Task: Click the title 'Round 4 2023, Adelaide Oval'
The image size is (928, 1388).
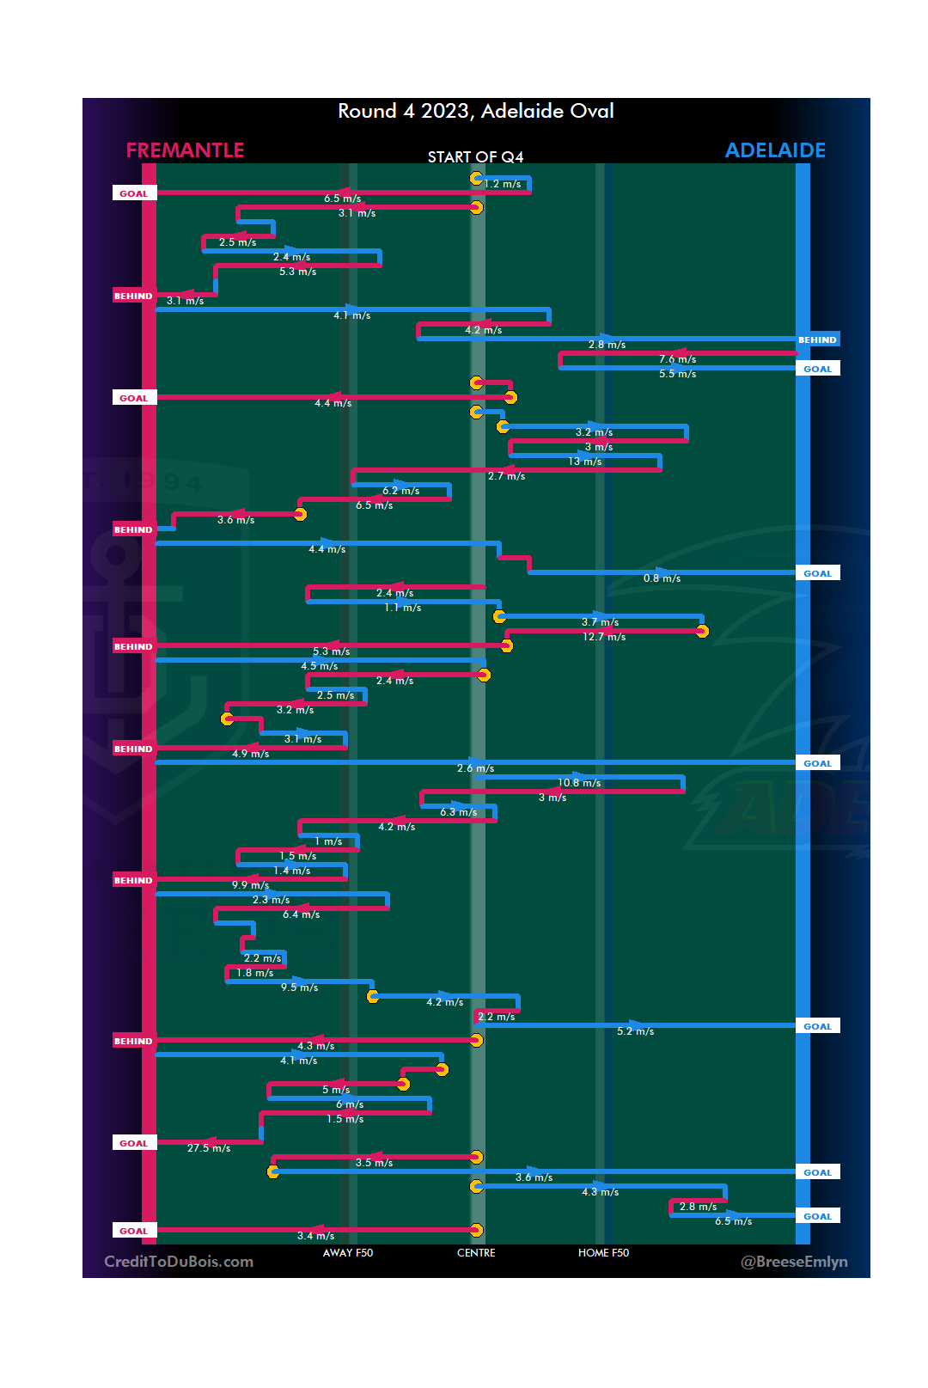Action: pyautogui.click(x=475, y=112)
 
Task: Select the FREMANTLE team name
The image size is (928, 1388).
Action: pyautogui.click(x=185, y=150)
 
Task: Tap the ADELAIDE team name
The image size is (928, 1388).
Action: pyautogui.click(x=775, y=150)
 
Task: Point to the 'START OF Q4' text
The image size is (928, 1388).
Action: pyautogui.click(x=475, y=157)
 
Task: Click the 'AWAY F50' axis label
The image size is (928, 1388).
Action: pyautogui.click(x=348, y=1253)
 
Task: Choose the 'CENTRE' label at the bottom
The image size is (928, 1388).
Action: pyautogui.click(x=476, y=1253)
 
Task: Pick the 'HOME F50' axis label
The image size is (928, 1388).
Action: pyautogui.click(x=603, y=1253)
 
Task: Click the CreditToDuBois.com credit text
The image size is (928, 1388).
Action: pyautogui.click(x=179, y=1262)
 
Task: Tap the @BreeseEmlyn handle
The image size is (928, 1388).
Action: pyautogui.click(x=794, y=1262)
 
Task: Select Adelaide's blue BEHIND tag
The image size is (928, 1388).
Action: pyautogui.click(x=817, y=340)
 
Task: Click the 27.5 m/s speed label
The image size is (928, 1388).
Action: pyautogui.click(x=209, y=1148)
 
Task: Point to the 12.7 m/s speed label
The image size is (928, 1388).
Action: pyautogui.click(x=604, y=637)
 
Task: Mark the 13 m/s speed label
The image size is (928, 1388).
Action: pyautogui.click(x=584, y=462)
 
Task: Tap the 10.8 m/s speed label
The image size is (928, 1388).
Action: pyautogui.click(x=579, y=783)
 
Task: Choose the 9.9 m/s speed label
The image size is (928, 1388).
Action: pyautogui.click(x=250, y=885)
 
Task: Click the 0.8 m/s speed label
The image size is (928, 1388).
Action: pyautogui.click(x=662, y=578)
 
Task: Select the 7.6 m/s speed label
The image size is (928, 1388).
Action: pyautogui.click(x=677, y=359)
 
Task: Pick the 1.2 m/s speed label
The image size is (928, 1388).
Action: pyautogui.click(x=503, y=184)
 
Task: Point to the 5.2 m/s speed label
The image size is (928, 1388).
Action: pyautogui.click(x=635, y=1031)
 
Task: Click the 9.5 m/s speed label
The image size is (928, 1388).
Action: pyautogui.click(x=299, y=987)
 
